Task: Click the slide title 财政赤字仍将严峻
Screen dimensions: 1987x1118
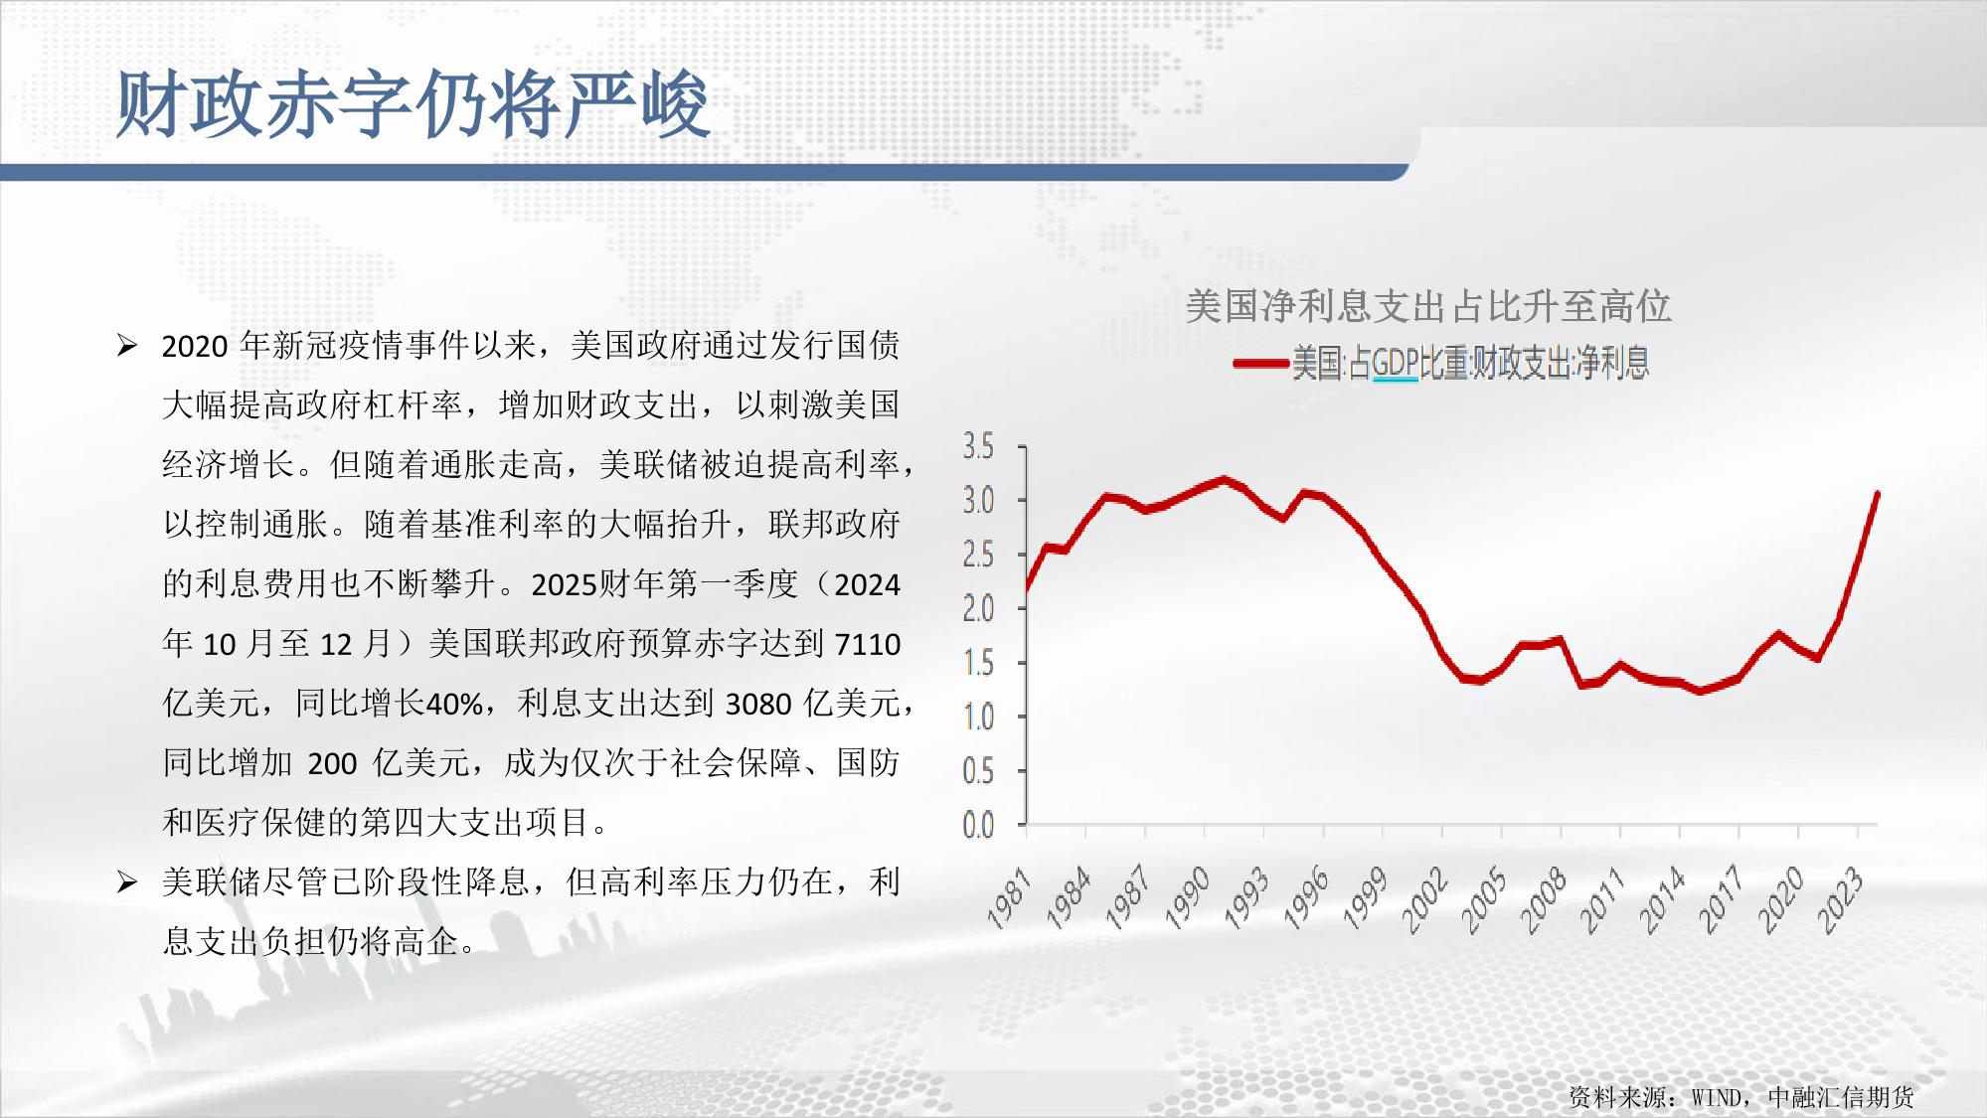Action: click(x=413, y=103)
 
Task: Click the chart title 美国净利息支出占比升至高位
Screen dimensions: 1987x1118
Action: click(x=1428, y=305)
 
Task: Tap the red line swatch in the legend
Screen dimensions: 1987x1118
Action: click(x=1260, y=364)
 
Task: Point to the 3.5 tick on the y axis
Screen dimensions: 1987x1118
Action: click(x=979, y=446)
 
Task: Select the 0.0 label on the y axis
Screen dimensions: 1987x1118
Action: click(x=979, y=825)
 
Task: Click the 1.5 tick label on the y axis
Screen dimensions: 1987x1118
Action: click(x=979, y=663)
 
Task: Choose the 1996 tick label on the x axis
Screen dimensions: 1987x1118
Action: click(x=1307, y=897)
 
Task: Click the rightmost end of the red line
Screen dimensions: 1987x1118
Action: click(x=1877, y=493)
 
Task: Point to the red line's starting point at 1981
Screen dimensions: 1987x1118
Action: click(x=1026, y=591)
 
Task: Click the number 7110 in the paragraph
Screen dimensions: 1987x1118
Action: click(x=868, y=645)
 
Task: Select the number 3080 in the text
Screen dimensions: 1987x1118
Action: click(x=758, y=705)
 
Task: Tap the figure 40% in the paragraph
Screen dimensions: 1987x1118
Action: click(x=454, y=705)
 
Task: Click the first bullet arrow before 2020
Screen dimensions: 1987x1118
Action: click(x=127, y=346)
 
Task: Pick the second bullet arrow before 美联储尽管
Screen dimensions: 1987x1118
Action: click(x=127, y=881)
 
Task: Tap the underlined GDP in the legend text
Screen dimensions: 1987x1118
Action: click(x=1395, y=365)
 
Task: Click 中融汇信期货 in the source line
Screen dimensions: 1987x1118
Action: click(x=1841, y=1097)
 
